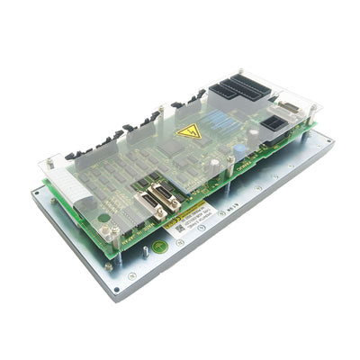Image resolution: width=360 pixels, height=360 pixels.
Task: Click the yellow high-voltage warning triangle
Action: pyautogui.click(x=189, y=132)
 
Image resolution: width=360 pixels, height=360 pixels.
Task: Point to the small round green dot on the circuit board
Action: pyautogui.click(x=104, y=217)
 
